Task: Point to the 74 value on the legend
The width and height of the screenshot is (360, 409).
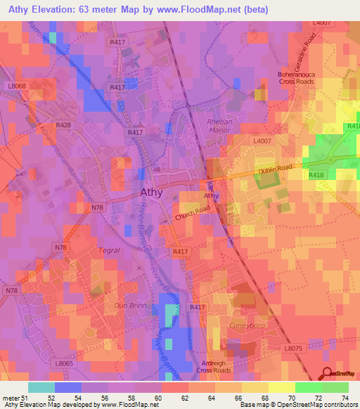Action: pyautogui.click(x=345, y=398)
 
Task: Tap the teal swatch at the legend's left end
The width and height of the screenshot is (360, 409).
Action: pyautogui.click(x=41, y=387)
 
